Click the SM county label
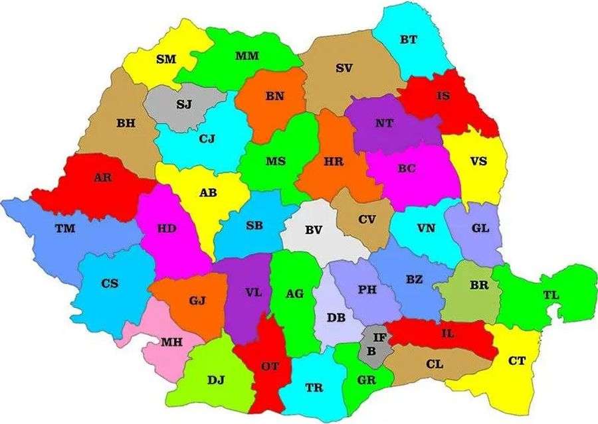166,59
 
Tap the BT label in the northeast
409,39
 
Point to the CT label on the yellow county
516,361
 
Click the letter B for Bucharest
371,350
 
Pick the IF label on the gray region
379,338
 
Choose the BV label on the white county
314,230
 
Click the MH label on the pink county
171,342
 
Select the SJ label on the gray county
185,104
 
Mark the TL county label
551,295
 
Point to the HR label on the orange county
334,161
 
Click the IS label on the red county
443,96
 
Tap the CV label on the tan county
367,219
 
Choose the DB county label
336,317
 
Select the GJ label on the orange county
197,301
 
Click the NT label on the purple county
384,123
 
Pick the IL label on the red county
448,333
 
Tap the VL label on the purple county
253,292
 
